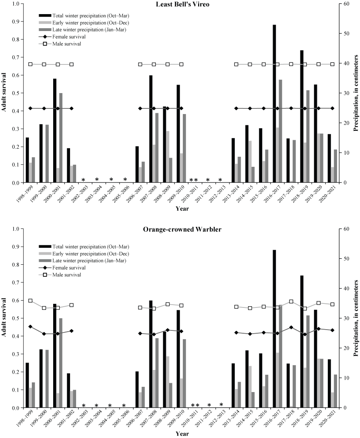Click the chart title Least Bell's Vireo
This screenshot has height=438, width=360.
(x=180, y=4)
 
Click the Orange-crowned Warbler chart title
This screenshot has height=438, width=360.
(x=182, y=229)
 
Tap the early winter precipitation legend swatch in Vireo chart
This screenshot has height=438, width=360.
(x=44, y=23)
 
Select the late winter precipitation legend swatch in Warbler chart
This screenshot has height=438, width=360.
(x=44, y=261)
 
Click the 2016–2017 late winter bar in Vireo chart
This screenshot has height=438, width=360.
(x=280, y=131)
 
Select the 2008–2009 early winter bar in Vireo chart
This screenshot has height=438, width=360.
(x=168, y=157)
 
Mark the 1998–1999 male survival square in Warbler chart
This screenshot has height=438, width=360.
(x=30, y=301)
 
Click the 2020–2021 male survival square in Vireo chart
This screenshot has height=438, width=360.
(x=332, y=64)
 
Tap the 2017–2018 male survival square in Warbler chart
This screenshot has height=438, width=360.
(x=291, y=301)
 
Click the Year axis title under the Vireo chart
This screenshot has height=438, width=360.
(x=180, y=209)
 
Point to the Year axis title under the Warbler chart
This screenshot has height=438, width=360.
(x=180, y=434)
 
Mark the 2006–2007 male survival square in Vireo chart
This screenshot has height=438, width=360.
(x=140, y=64)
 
